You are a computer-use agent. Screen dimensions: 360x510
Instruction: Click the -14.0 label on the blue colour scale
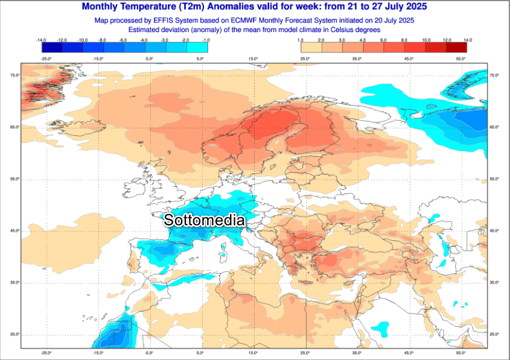click(41, 40)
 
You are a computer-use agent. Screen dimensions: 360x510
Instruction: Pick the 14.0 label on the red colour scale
click(467, 40)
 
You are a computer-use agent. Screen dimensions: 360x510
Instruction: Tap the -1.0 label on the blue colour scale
click(206, 40)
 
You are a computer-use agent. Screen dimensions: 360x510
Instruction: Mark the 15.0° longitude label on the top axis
click(253, 59)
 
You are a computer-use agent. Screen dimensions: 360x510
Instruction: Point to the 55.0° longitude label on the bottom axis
click(460, 353)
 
